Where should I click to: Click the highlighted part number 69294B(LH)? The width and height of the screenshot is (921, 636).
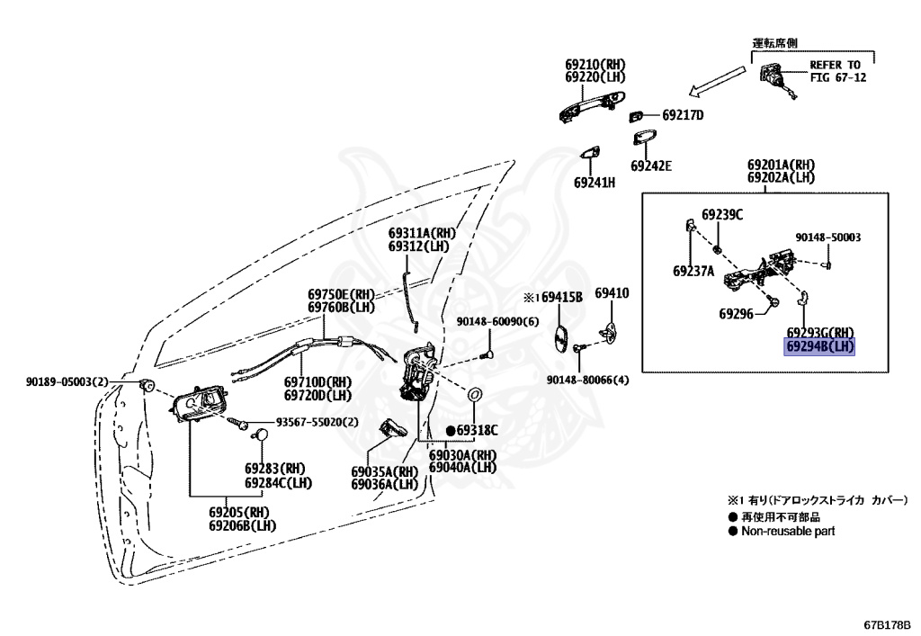click(x=819, y=347)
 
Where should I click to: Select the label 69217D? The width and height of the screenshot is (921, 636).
click(x=683, y=115)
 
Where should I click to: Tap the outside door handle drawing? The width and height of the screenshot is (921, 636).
click(x=591, y=106)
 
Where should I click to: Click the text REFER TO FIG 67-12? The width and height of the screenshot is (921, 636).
click(x=837, y=71)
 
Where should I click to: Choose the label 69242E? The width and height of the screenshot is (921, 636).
click(x=651, y=166)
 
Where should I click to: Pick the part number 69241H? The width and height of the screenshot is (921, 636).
click(x=595, y=183)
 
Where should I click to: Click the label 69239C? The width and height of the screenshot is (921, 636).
click(x=722, y=215)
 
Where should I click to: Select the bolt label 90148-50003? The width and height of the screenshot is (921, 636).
click(x=828, y=237)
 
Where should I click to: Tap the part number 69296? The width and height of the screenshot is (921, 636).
click(x=736, y=314)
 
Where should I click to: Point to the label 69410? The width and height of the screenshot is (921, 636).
click(x=612, y=293)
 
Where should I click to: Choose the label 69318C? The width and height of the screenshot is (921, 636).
click(x=472, y=431)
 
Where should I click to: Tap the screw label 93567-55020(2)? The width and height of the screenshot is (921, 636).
click(x=317, y=422)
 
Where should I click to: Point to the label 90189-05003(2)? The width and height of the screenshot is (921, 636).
click(x=67, y=381)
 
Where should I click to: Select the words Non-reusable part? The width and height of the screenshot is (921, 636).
click(x=788, y=532)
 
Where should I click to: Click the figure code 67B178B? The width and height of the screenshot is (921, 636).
click(x=887, y=623)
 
